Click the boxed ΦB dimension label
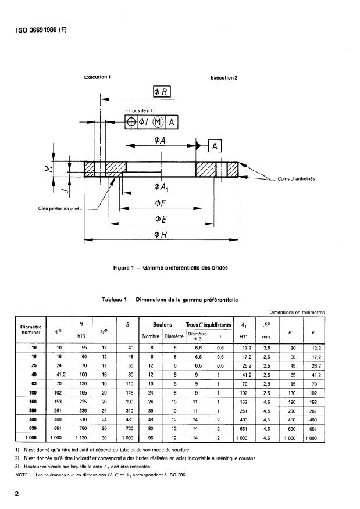(x=161, y=91)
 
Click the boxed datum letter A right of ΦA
(x=214, y=146)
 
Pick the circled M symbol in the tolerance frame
(x=159, y=121)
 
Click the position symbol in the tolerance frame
(x=132, y=121)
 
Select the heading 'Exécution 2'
(x=223, y=77)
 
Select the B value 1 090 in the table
(x=131, y=436)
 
